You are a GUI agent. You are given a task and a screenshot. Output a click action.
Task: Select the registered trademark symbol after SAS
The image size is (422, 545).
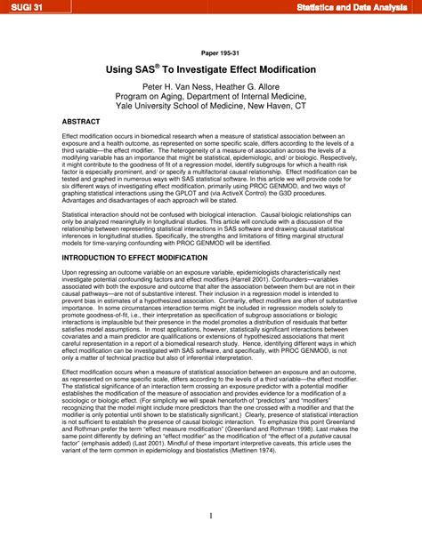pos(157,65)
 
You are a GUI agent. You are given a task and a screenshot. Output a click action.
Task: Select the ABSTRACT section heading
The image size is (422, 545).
pos(81,122)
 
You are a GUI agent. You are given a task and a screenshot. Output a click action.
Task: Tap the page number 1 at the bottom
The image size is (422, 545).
pos(210,517)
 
